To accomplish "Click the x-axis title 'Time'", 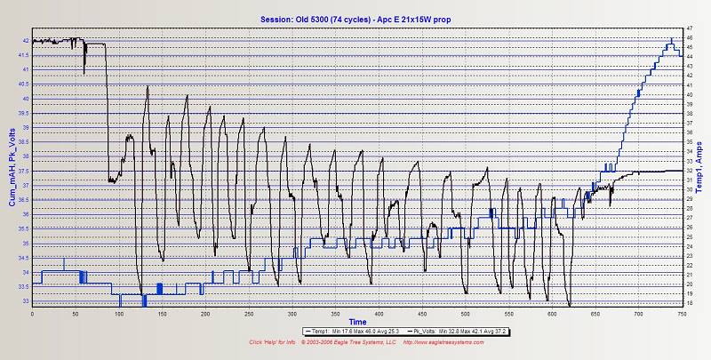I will point(356,321).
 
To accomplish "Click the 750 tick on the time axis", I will point(681,314).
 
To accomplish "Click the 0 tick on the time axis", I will point(32,314).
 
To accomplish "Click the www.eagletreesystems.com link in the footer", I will point(449,341).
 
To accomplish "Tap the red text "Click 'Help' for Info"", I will point(274,341).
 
